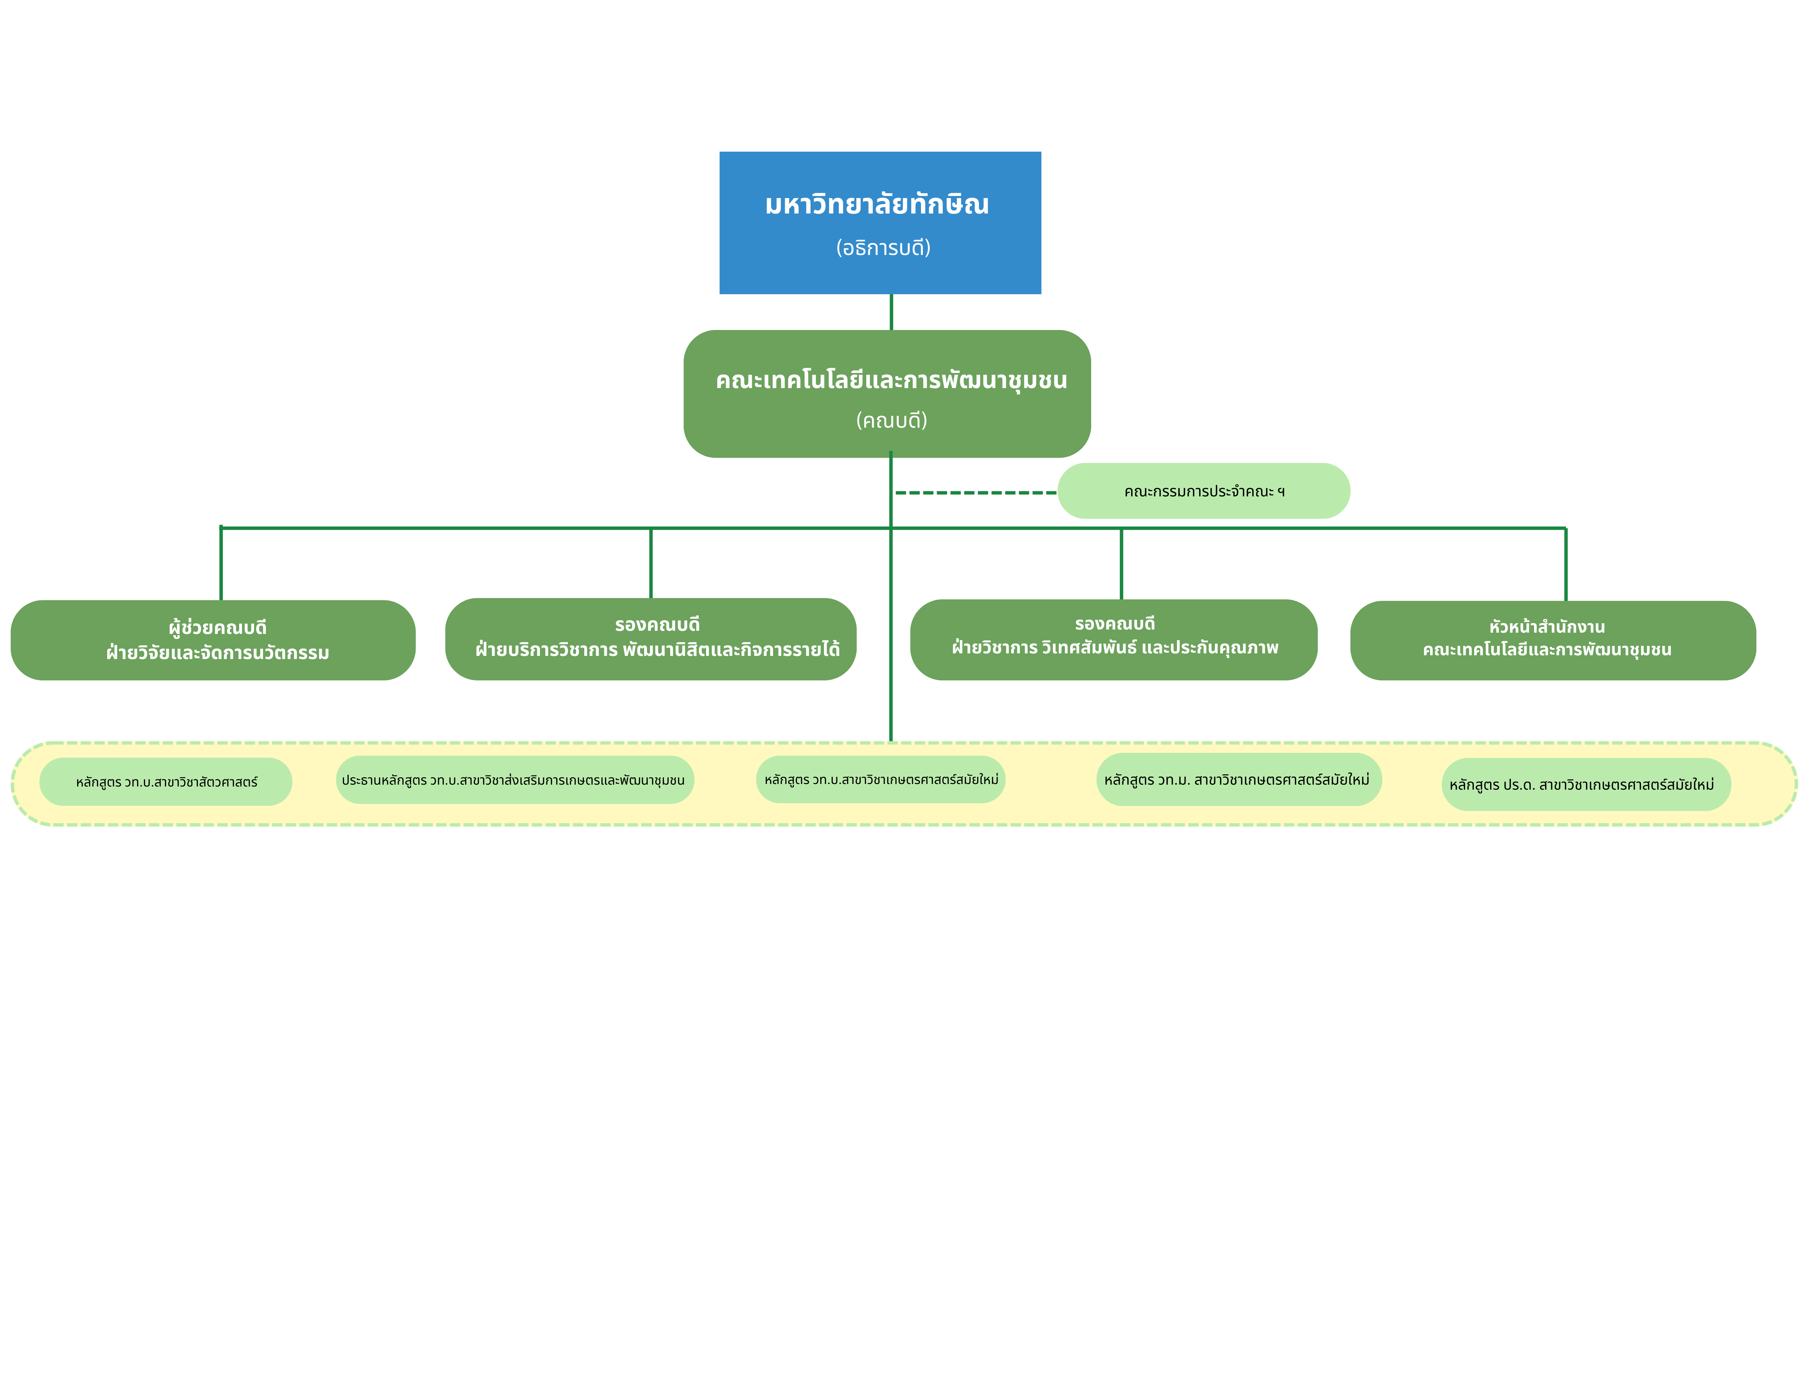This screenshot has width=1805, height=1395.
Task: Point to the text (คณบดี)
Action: click(891, 421)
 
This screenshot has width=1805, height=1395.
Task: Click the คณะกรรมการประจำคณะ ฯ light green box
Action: click(1203, 491)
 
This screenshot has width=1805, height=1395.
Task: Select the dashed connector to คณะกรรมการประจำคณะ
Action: click(975, 493)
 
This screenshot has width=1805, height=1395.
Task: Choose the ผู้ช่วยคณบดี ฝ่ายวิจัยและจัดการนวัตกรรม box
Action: click(213, 641)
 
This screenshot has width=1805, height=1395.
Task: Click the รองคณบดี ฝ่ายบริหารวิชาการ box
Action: click(650, 639)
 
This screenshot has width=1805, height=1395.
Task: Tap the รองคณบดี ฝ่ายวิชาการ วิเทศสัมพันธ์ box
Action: click(1113, 640)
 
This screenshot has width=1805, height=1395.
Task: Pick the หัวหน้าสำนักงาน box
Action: click(1552, 641)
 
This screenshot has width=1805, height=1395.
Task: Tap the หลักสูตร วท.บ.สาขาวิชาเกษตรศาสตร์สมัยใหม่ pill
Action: click(880, 779)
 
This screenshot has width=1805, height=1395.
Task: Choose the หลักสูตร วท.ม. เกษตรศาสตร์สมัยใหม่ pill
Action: click(1238, 779)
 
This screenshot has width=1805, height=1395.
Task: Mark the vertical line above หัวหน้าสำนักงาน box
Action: click(1565, 565)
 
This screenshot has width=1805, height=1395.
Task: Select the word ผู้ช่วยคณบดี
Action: click(217, 627)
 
